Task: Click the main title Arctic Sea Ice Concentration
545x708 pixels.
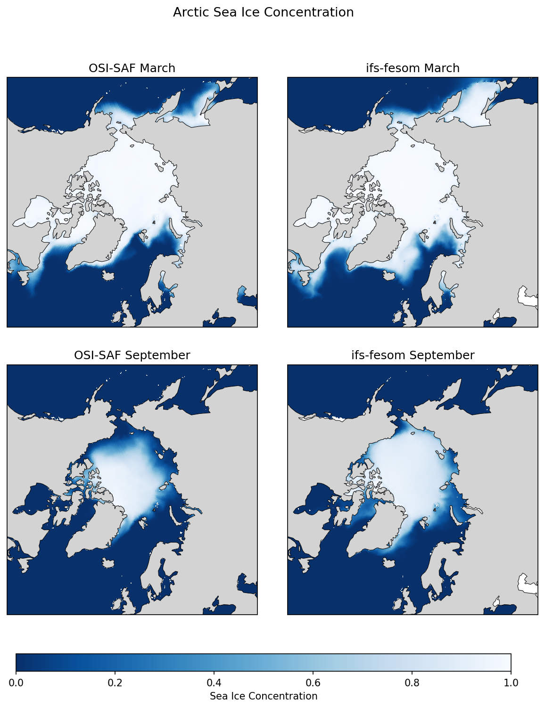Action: point(263,12)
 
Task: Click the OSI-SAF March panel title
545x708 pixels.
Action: point(132,68)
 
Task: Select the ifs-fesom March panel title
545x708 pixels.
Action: point(413,68)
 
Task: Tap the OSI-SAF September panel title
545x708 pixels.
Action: point(132,355)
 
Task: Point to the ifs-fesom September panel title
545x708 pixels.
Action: point(413,355)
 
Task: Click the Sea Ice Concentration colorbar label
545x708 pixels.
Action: point(263,696)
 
